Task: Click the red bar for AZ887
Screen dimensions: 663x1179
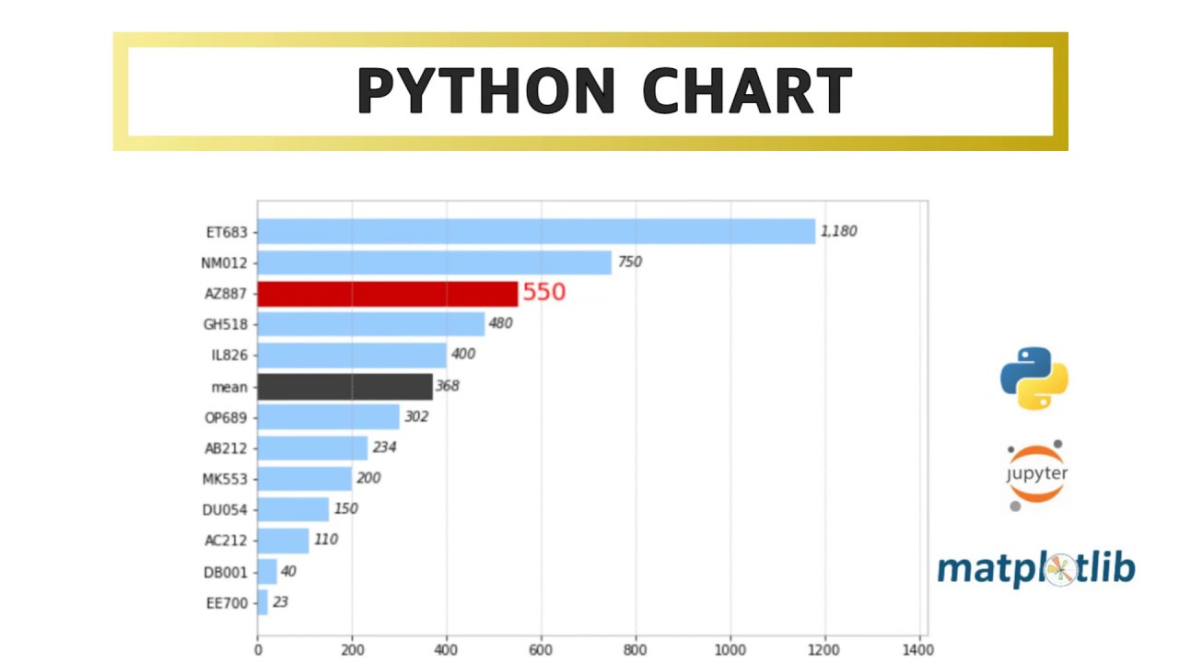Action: coord(387,294)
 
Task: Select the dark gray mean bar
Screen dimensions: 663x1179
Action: coord(344,387)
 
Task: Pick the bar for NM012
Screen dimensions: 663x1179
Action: coord(434,262)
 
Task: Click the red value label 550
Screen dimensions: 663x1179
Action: coord(543,293)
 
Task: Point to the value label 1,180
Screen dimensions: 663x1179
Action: coord(838,231)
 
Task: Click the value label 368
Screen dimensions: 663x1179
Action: coord(448,386)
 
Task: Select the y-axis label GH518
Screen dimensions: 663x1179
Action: coord(226,324)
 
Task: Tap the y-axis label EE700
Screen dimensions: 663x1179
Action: coord(227,604)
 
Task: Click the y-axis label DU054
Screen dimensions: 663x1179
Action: coord(226,510)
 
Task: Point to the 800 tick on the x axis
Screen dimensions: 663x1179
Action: coord(636,648)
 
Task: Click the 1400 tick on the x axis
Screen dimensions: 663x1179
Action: coord(919,648)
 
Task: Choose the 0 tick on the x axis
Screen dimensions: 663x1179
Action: coord(258,648)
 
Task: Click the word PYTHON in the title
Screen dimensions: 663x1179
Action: coord(485,91)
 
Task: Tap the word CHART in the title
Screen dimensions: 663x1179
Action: coord(746,91)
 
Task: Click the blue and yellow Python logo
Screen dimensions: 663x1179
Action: coord(1034,378)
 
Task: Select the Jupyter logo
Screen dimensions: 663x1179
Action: coord(1036,474)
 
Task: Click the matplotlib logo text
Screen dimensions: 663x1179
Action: coord(1036,569)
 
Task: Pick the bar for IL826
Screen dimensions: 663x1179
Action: coord(352,355)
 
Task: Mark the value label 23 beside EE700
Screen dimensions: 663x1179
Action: coord(280,602)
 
